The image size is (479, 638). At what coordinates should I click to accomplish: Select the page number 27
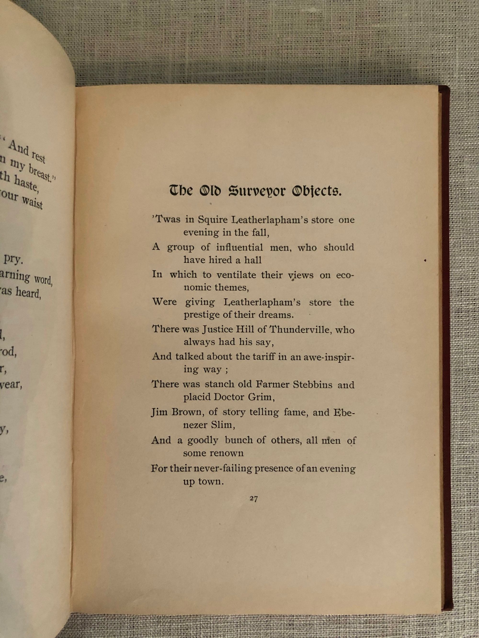coord(253,499)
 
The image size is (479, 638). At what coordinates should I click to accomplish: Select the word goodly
coord(203,440)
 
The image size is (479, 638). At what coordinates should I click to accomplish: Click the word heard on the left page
coord(28,293)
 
